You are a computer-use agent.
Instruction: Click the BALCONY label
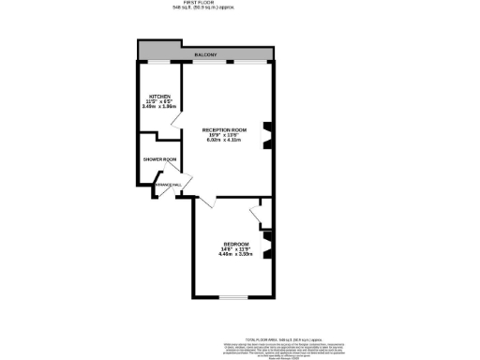click(x=206, y=56)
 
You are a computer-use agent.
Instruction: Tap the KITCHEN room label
click(x=158, y=97)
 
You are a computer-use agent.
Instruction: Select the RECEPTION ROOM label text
click(x=226, y=129)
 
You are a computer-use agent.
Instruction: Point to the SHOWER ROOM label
click(x=160, y=159)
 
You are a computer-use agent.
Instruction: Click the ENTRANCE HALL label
click(x=155, y=186)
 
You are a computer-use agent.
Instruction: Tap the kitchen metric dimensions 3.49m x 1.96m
click(x=158, y=107)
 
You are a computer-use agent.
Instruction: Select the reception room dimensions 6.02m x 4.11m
click(x=226, y=140)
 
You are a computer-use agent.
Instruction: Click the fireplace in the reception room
click(x=267, y=137)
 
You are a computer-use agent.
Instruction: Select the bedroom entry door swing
click(x=207, y=200)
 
